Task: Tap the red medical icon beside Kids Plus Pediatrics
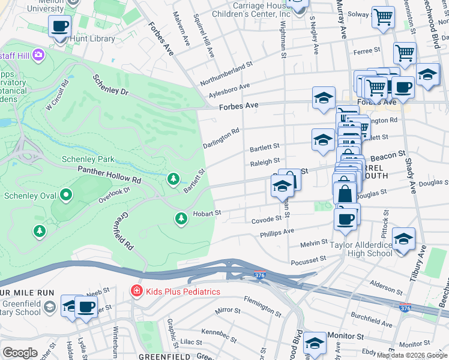(x=136, y=292)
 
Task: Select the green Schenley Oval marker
(x=66, y=196)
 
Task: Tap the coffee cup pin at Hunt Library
(x=59, y=27)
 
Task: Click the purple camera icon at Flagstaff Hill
(x=39, y=55)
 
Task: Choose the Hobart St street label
(x=207, y=213)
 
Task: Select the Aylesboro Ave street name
(x=229, y=91)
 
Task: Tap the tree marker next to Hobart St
(x=181, y=218)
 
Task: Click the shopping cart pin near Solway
(x=382, y=17)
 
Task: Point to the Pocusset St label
(x=307, y=259)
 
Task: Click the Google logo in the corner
(x=20, y=353)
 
